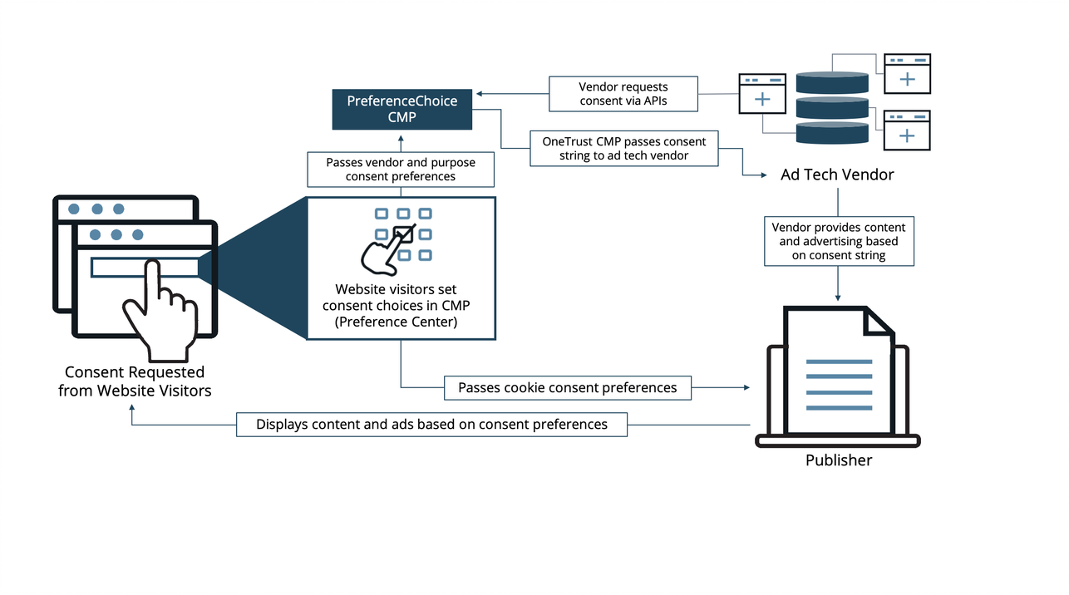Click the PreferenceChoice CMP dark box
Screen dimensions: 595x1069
(x=401, y=109)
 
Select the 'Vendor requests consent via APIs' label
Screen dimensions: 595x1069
(x=623, y=94)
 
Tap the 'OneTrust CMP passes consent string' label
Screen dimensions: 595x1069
(x=624, y=149)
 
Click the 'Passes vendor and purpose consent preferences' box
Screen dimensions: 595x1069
(x=401, y=170)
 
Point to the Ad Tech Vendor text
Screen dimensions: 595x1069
(x=837, y=175)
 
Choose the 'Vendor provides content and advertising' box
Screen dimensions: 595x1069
(x=838, y=241)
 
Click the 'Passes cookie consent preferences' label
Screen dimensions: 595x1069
(x=568, y=387)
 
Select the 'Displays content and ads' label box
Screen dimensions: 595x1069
(x=431, y=425)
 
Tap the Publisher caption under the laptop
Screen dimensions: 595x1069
(x=838, y=460)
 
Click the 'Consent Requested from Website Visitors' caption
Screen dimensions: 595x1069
(x=135, y=381)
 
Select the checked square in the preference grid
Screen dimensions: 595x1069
(x=403, y=234)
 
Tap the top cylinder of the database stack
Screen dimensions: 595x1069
(x=832, y=82)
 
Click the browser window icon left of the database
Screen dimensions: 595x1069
(x=762, y=93)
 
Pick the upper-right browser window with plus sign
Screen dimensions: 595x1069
(x=907, y=73)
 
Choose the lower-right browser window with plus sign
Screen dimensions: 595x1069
(x=907, y=130)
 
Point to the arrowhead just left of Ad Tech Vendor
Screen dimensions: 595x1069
(x=762, y=175)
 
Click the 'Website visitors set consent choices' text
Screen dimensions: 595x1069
(x=401, y=306)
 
